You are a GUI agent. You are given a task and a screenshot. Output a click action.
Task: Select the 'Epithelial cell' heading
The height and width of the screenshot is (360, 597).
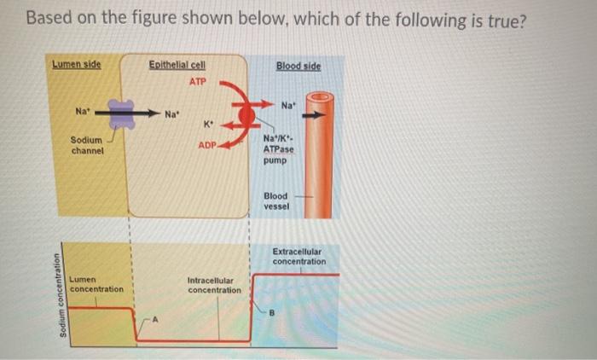[177, 65]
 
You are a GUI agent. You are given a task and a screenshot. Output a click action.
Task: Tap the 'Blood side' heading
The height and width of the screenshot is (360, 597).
[298, 65]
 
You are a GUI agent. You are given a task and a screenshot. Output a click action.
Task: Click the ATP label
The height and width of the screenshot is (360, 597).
[198, 82]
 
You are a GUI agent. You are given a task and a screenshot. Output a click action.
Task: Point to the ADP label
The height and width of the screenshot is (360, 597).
[207, 145]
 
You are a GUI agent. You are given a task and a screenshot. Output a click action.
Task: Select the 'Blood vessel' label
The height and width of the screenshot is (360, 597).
[277, 200]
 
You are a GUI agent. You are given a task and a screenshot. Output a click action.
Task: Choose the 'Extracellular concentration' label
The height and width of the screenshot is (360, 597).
[298, 256]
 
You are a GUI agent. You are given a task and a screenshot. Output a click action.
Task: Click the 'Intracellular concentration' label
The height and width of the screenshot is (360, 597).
[214, 285]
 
